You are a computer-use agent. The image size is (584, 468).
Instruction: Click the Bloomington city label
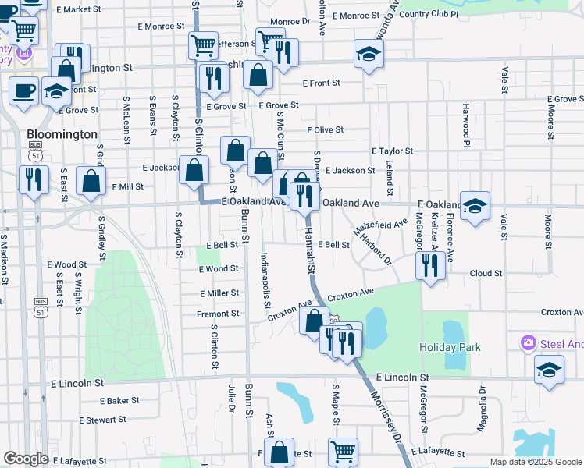click(x=61, y=134)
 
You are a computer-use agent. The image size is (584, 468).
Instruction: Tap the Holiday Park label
click(x=450, y=347)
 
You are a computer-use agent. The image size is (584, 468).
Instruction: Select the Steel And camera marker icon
click(x=529, y=343)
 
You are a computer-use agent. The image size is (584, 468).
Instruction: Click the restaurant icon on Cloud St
click(x=429, y=266)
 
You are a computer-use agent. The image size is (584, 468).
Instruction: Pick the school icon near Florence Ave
click(x=475, y=206)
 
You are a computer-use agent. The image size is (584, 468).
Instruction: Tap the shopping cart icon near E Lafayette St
click(x=343, y=451)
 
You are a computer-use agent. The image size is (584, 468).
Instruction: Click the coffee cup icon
click(x=23, y=89)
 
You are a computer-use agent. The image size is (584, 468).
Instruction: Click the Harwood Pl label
click(x=465, y=125)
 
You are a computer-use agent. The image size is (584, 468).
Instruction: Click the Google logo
click(x=26, y=459)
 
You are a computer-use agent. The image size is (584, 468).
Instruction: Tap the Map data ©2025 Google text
click(x=535, y=462)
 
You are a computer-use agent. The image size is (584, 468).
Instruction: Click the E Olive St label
click(x=326, y=130)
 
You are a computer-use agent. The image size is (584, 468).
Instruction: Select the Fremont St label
click(x=218, y=314)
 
